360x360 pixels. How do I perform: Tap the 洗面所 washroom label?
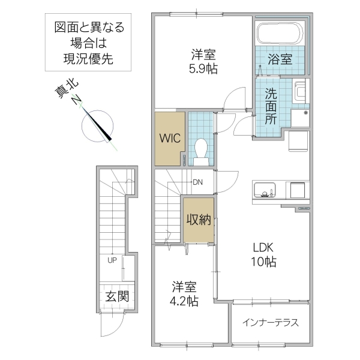pos(271,106)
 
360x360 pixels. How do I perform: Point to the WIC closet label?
pos(169,136)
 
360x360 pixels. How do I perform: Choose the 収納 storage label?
pos(197,220)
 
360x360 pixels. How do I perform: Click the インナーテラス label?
pos(269,322)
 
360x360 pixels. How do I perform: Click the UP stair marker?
pos(112,260)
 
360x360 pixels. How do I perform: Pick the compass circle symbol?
pos(96,124)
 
